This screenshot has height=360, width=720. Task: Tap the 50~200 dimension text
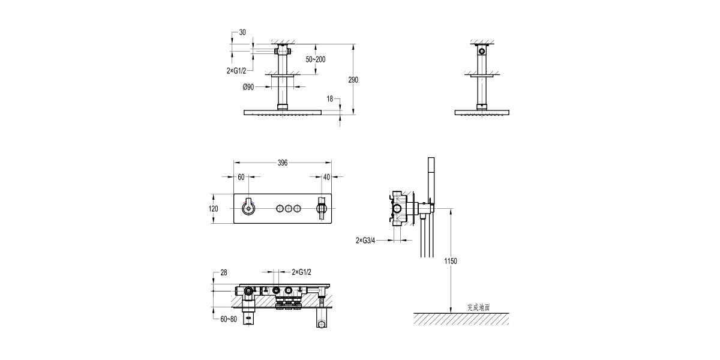pyautogui.click(x=316, y=59)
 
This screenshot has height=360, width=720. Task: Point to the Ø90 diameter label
pyautogui.click(x=249, y=87)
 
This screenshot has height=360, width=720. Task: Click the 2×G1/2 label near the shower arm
pyautogui.click(x=236, y=70)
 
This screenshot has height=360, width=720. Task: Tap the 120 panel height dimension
pyautogui.click(x=213, y=209)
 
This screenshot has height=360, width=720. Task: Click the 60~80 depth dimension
pyautogui.click(x=228, y=320)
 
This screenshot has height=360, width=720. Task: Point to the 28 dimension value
pyautogui.click(x=224, y=273)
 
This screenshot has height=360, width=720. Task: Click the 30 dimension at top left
pyautogui.click(x=242, y=32)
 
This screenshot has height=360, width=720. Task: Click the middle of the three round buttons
pyautogui.click(x=287, y=208)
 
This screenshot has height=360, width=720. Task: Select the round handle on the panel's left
pyautogui.click(x=247, y=208)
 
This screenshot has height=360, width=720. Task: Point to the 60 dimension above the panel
pyautogui.click(x=241, y=177)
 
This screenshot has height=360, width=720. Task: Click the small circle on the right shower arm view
pyautogui.click(x=481, y=53)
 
